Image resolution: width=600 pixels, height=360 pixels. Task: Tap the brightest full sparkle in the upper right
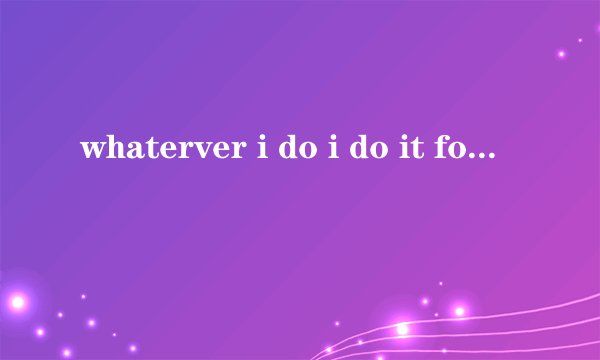pos(562,53)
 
